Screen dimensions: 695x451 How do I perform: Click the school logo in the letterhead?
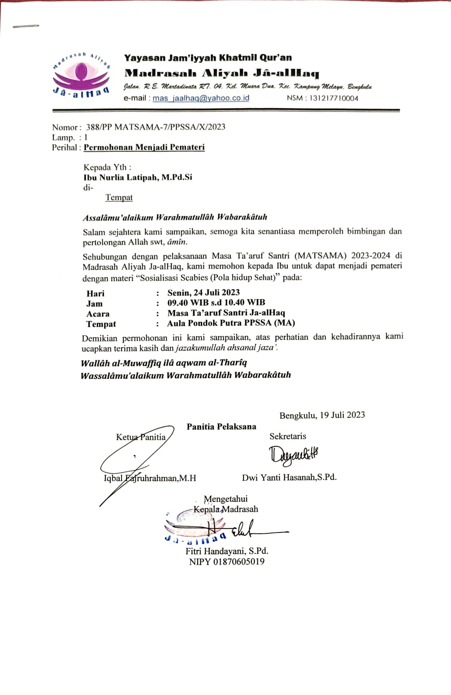[x=81, y=75]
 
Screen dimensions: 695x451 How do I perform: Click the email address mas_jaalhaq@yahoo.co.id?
[x=201, y=98]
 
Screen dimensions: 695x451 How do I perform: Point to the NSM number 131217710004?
[x=334, y=98]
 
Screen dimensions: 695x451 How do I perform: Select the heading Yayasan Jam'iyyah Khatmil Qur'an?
[x=208, y=58]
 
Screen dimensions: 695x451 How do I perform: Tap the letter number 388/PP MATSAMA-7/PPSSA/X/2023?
[x=156, y=127]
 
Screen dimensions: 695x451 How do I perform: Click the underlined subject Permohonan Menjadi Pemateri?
[x=144, y=147]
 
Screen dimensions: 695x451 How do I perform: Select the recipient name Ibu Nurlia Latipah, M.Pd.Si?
[x=138, y=177]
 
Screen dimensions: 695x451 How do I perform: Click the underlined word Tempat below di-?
[x=119, y=197]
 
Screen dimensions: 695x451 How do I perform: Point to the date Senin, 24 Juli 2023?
[x=204, y=293]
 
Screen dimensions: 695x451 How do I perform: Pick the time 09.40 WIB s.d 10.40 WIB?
[x=216, y=303]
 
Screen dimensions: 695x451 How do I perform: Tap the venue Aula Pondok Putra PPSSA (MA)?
[x=231, y=323]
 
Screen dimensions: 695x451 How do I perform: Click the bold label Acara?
[x=98, y=314]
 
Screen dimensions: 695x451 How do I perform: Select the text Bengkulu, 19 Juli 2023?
[x=322, y=415]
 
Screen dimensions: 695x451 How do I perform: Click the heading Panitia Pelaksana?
[x=221, y=427]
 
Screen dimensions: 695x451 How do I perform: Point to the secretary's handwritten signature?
[x=294, y=455]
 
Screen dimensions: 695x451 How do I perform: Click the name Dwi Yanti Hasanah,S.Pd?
[x=289, y=477]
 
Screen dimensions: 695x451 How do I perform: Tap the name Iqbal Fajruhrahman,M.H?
[x=150, y=478]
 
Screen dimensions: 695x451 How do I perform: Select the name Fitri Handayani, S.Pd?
[x=227, y=551]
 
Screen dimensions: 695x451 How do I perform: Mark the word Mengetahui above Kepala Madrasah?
[x=225, y=499]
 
